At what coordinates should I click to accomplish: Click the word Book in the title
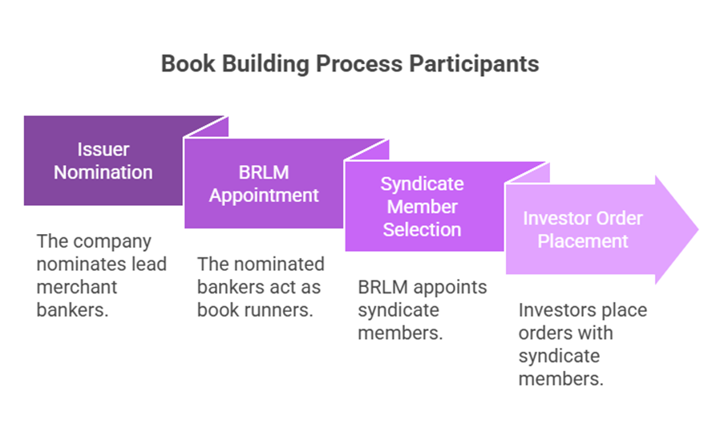click(188, 63)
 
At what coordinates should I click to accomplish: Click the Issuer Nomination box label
click(103, 160)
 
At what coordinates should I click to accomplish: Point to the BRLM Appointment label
click(264, 184)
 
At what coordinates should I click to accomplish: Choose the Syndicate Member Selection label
click(422, 207)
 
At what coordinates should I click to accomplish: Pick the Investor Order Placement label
click(583, 229)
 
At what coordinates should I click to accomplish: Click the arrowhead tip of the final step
click(698, 229)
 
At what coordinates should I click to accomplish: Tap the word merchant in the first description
click(77, 287)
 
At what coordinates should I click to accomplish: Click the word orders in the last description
click(543, 333)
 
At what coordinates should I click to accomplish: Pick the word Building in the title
click(265, 64)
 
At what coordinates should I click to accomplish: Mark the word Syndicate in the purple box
click(422, 184)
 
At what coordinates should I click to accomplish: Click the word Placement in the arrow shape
click(583, 240)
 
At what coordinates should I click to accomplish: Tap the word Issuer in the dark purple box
click(103, 150)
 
